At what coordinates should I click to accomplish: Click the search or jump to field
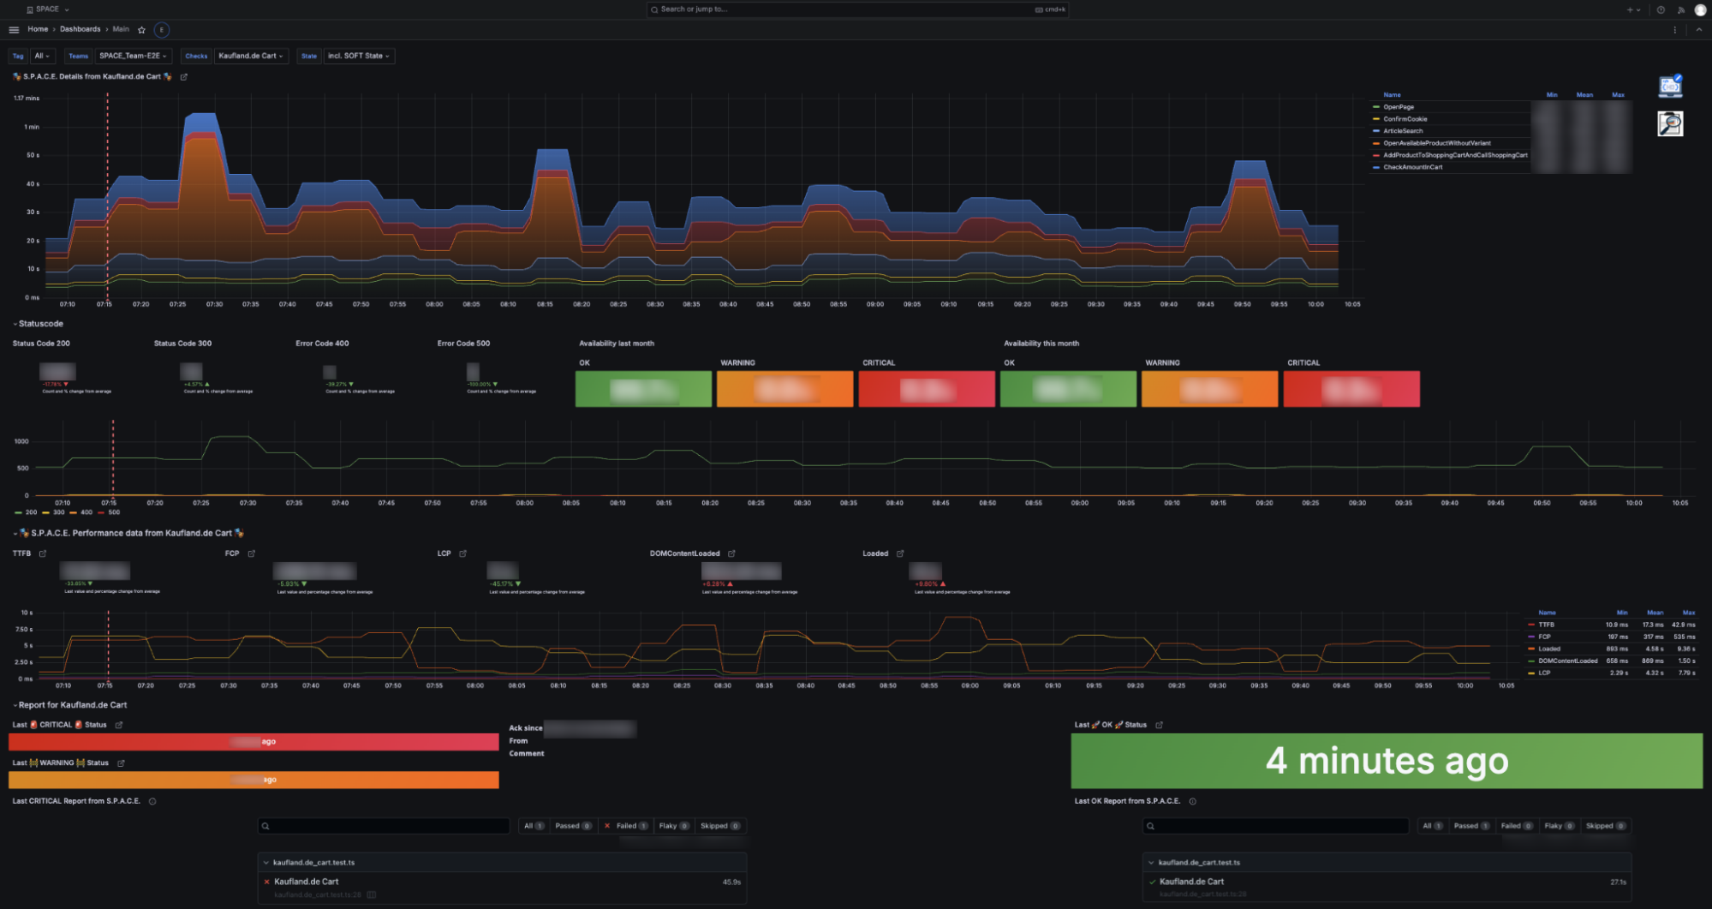click(x=856, y=9)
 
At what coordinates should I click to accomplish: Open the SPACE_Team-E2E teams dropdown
click(x=133, y=56)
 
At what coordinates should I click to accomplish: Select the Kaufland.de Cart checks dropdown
click(x=249, y=56)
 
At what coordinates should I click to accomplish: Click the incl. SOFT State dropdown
click(x=358, y=56)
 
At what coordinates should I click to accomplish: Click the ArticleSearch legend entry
click(x=1403, y=131)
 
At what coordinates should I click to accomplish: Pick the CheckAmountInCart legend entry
click(x=1412, y=167)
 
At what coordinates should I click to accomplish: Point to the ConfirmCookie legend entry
click(x=1405, y=119)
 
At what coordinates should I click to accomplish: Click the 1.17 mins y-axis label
click(x=27, y=99)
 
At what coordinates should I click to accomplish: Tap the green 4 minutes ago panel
click(x=1386, y=761)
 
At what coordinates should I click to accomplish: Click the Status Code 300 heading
click(x=182, y=344)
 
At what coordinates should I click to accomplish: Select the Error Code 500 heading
click(x=463, y=344)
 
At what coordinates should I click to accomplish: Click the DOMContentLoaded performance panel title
click(x=684, y=553)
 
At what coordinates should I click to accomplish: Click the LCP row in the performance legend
click(x=1544, y=673)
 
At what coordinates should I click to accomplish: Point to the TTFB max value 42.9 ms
click(x=1683, y=625)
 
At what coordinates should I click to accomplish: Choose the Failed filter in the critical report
click(x=626, y=826)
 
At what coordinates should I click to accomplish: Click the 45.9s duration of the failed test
click(x=731, y=882)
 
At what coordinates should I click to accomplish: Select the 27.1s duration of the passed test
click(x=1618, y=882)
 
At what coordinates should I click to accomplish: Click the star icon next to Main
click(x=142, y=30)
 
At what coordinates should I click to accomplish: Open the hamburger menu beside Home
click(x=14, y=30)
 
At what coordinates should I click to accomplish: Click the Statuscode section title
click(x=40, y=324)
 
